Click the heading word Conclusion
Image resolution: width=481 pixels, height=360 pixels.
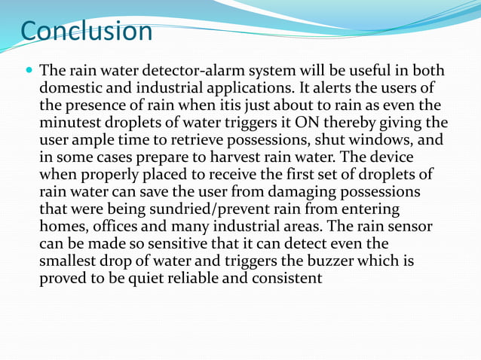(87, 32)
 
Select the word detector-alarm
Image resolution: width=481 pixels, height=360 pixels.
(182, 71)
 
